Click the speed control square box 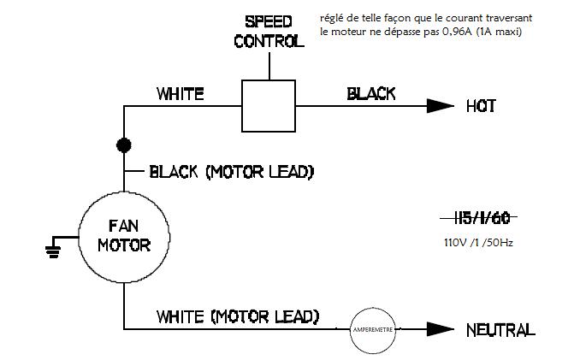(x=269, y=106)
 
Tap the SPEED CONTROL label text (x=269, y=30)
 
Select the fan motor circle (x=124, y=237)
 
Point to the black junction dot (x=124, y=145)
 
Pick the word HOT (x=482, y=106)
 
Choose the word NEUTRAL (x=500, y=329)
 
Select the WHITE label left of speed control (x=180, y=94)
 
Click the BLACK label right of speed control (x=370, y=94)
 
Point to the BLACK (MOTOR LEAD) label (x=231, y=172)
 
